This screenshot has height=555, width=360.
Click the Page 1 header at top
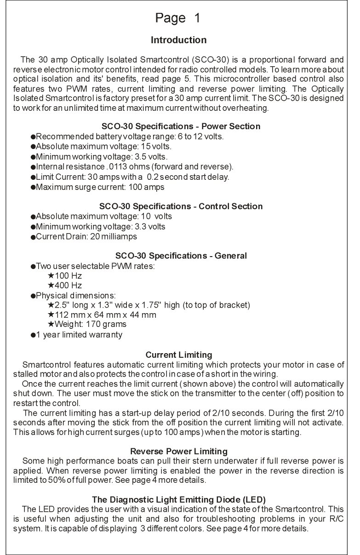tap(178, 18)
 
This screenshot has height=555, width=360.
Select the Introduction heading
tap(179, 40)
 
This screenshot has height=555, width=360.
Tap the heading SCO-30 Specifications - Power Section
tap(180, 126)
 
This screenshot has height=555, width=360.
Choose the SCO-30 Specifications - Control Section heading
tap(181, 206)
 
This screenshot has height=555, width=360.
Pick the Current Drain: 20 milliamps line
tap(86, 237)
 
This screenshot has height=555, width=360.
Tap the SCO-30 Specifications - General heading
tap(181, 256)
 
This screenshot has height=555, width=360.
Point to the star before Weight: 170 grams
tap(51, 324)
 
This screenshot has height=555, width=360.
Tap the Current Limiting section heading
tap(179, 355)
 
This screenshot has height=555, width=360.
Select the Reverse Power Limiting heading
tap(179, 451)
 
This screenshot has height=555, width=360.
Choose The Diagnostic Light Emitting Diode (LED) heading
tap(179, 499)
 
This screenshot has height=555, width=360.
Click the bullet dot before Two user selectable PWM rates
tap(33, 267)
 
